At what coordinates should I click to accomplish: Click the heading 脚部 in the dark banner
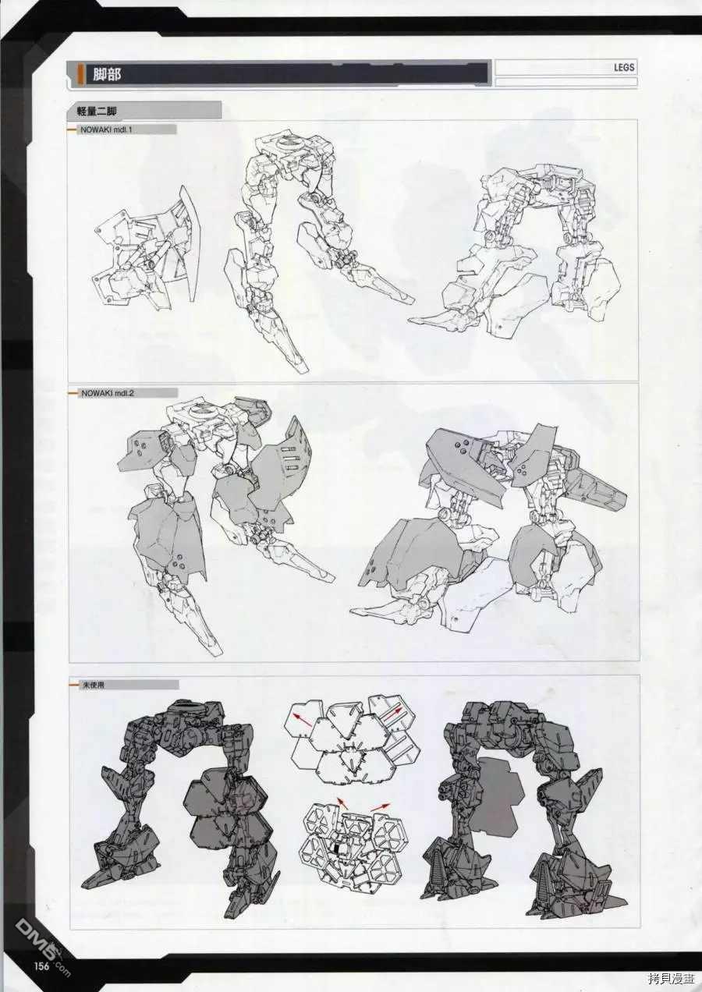click(x=107, y=74)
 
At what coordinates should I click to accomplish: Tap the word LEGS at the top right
click(x=623, y=68)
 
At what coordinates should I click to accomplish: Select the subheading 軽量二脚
click(x=97, y=112)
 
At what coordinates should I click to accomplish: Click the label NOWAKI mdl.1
click(x=106, y=130)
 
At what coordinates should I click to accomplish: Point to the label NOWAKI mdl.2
click(x=107, y=393)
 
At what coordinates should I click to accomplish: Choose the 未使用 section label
click(x=92, y=685)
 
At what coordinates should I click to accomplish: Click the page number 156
click(x=42, y=965)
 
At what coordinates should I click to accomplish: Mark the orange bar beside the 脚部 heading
click(x=81, y=74)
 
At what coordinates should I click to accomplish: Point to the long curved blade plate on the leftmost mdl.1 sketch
click(x=192, y=243)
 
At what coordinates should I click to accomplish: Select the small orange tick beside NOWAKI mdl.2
click(x=73, y=393)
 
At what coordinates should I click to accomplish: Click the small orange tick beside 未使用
click(x=73, y=685)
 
